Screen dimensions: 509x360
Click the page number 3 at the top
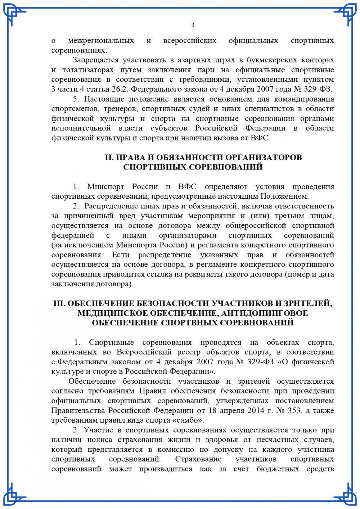193,25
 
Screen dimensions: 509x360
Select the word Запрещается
95,60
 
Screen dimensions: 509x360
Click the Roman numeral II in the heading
109,158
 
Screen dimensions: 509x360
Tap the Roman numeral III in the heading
59,303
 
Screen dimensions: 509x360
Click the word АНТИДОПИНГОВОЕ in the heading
265,313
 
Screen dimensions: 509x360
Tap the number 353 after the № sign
294,410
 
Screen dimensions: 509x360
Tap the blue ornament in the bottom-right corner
346,495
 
